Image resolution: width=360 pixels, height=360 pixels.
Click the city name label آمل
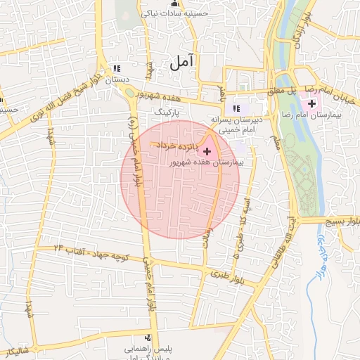(181, 63)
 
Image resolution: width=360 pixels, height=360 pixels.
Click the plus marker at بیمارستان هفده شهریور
(206, 151)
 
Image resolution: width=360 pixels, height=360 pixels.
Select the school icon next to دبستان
(116, 69)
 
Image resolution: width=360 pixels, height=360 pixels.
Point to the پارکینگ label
(167, 112)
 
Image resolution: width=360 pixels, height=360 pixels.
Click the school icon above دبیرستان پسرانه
(236, 108)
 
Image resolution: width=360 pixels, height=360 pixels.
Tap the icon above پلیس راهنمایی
(147, 337)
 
